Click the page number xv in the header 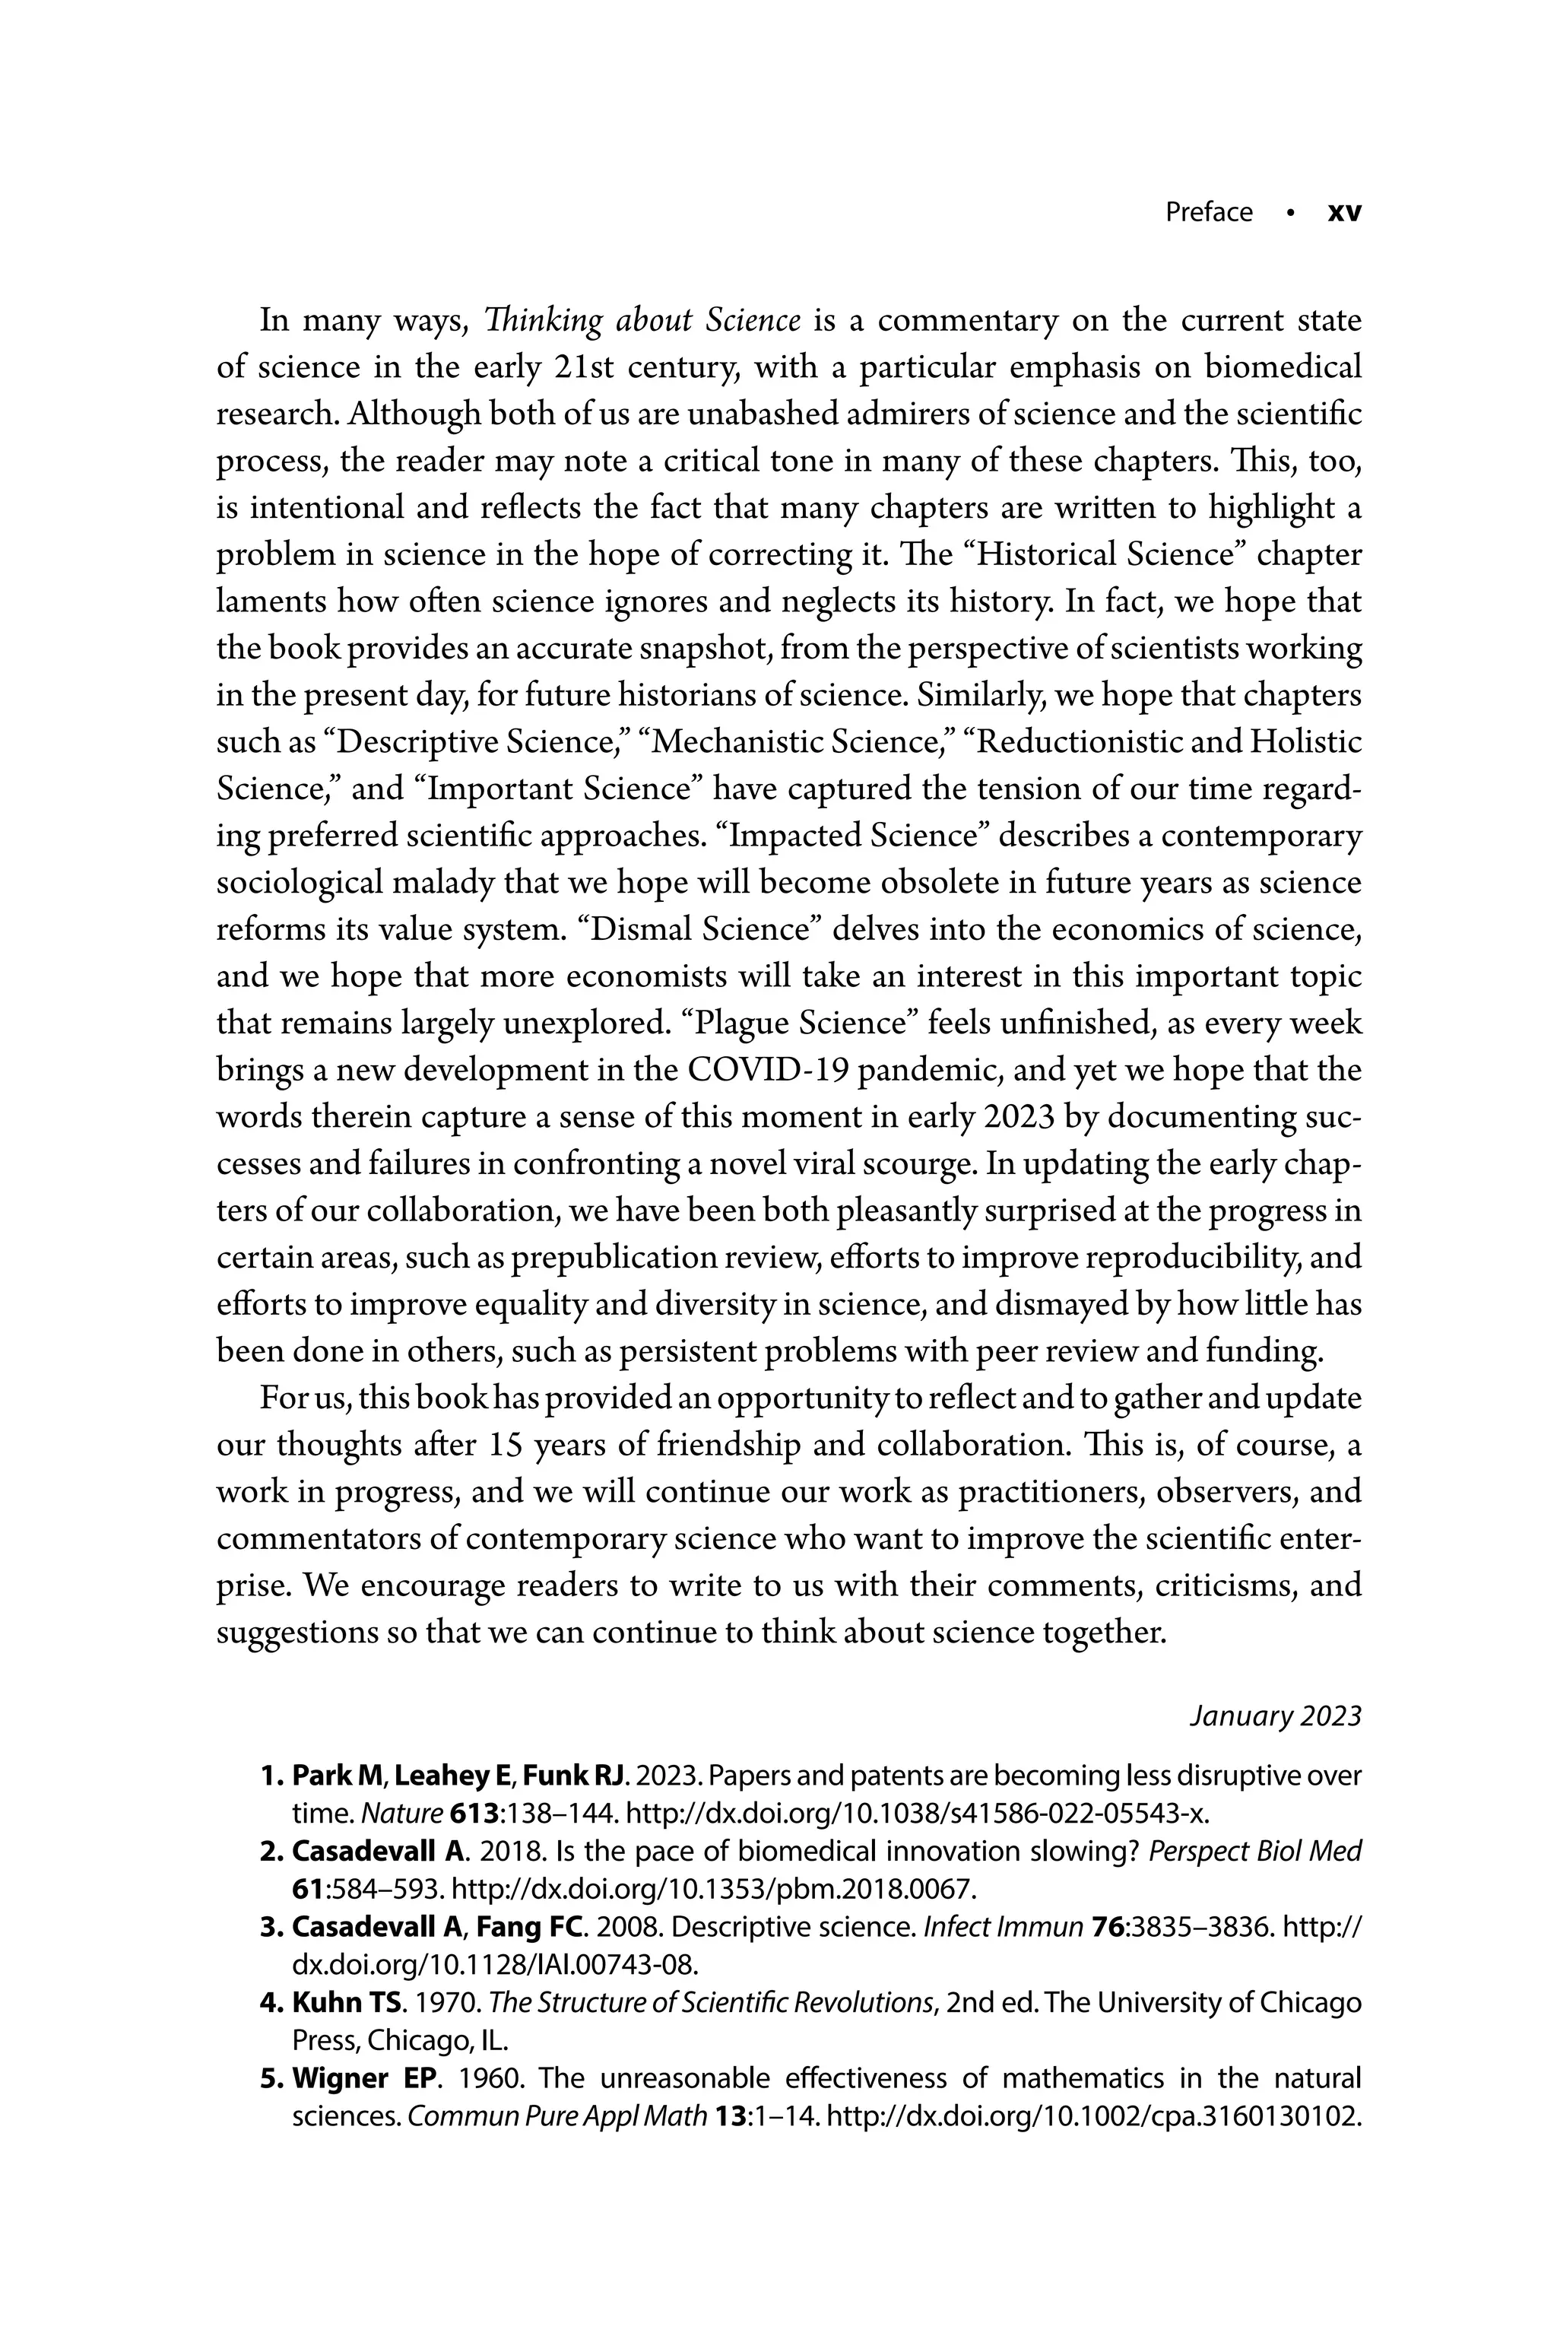[x=1344, y=213]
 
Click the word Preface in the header [x=1209, y=213]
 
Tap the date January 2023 [x=1275, y=1716]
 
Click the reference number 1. [x=270, y=1775]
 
